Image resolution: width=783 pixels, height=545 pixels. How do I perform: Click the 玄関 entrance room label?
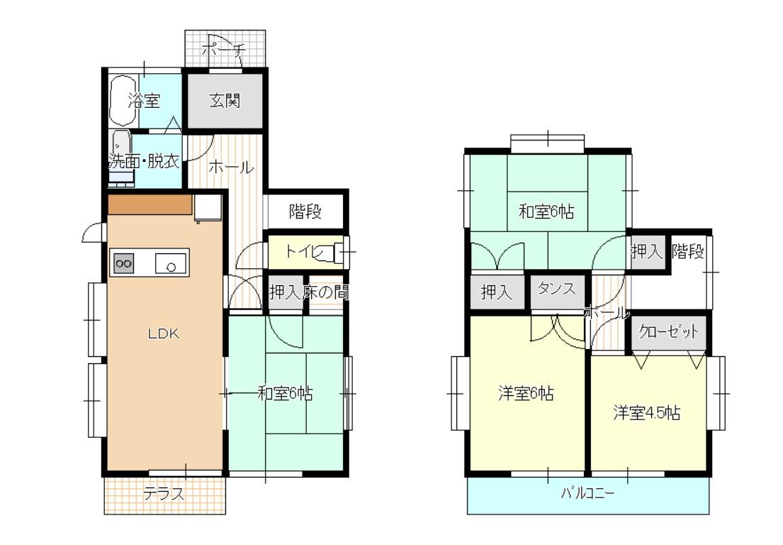click(x=225, y=101)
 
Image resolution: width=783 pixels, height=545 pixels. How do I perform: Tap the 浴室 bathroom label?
click(x=144, y=101)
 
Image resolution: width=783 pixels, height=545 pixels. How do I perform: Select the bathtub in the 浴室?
click(x=123, y=101)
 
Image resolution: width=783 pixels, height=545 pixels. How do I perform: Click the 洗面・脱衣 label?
click(x=144, y=161)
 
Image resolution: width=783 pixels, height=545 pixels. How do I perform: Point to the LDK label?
click(x=164, y=334)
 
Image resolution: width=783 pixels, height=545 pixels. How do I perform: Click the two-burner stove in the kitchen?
click(x=124, y=263)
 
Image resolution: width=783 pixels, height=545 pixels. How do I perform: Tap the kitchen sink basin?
click(x=170, y=263)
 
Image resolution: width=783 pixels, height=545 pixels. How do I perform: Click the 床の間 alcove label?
click(x=325, y=292)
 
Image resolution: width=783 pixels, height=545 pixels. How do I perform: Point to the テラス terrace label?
click(x=164, y=494)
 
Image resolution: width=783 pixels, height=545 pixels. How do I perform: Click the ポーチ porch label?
click(x=224, y=50)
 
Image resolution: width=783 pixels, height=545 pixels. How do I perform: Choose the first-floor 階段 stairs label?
click(x=305, y=211)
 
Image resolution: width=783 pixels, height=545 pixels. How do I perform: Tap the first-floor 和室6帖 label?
click(x=285, y=394)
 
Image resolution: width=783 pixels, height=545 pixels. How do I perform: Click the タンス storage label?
click(x=556, y=289)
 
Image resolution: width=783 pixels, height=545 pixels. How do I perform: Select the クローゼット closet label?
click(x=668, y=331)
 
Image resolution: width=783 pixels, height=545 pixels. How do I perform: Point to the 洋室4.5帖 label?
click(x=647, y=413)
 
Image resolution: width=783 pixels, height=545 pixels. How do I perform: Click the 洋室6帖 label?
click(x=526, y=394)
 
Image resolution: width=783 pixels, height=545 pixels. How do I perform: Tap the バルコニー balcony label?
click(x=587, y=493)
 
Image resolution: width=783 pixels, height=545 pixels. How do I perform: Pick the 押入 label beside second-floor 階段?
click(x=647, y=251)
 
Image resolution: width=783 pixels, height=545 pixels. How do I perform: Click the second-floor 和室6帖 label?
click(x=546, y=211)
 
